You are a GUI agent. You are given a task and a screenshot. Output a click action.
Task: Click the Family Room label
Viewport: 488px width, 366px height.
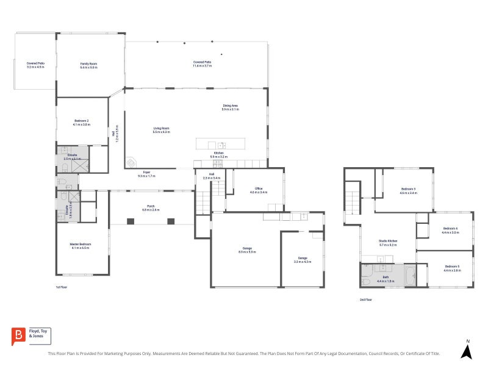(x=89, y=63)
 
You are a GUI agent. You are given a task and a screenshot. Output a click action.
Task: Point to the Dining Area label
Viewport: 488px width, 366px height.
(x=230, y=106)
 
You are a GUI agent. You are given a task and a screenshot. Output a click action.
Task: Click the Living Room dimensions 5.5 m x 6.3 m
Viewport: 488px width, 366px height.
(x=161, y=132)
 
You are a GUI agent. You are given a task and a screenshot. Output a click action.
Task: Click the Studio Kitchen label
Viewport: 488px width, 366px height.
(x=388, y=241)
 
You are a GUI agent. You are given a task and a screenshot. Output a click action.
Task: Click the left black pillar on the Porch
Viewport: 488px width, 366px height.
(x=129, y=221)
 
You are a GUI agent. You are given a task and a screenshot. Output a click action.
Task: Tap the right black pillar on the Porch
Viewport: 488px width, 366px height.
(x=171, y=221)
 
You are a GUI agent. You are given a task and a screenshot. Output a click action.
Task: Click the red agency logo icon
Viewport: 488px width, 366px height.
(x=18, y=336)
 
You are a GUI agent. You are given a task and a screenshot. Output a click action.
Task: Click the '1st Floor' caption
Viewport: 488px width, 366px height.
(x=61, y=287)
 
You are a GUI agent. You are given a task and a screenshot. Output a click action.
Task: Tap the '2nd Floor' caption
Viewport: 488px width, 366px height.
(x=367, y=299)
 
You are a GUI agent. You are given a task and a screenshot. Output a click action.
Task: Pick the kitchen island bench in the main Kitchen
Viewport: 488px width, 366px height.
(x=220, y=145)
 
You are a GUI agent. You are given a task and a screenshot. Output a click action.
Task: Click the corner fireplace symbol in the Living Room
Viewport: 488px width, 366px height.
(x=130, y=162)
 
